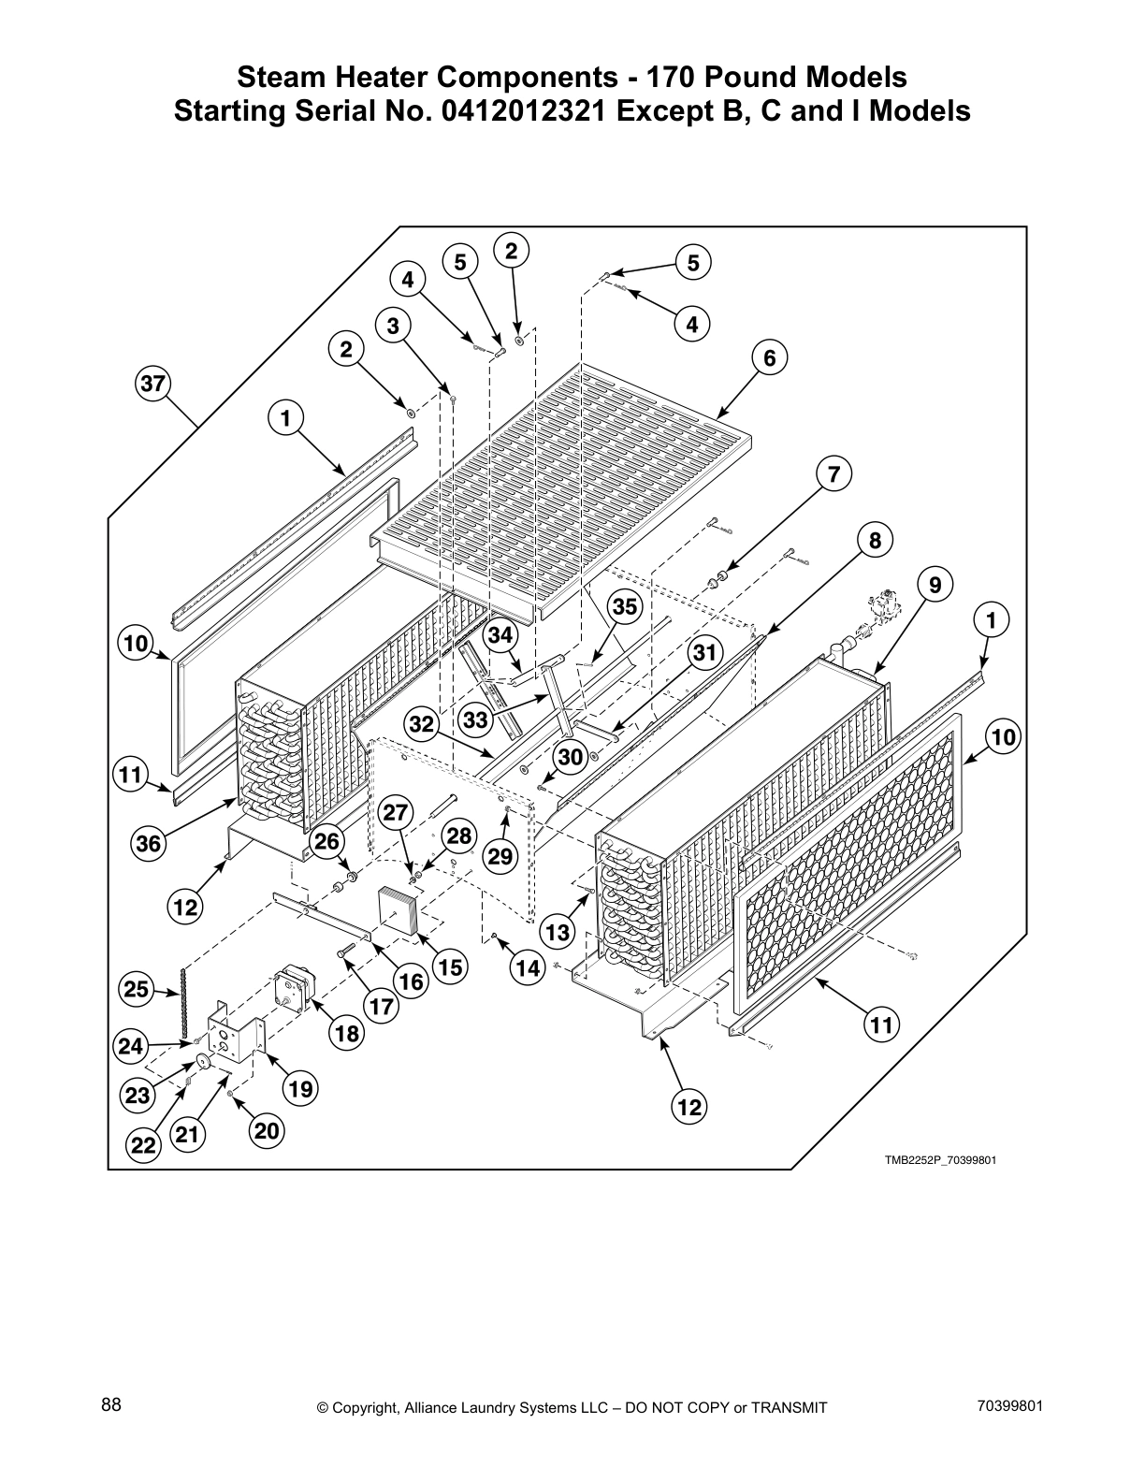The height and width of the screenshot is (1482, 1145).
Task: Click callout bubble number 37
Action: pos(152,383)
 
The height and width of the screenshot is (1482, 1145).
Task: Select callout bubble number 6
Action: pos(769,358)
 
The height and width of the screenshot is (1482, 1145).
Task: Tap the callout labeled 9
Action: pos(935,586)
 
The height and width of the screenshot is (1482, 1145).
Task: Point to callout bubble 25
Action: pos(138,989)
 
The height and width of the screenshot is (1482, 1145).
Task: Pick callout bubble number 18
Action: pos(346,1033)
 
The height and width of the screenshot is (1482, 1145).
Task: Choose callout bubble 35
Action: pos(625,607)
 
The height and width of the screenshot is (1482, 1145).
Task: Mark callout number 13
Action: pos(558,932)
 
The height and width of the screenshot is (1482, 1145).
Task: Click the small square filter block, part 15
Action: pos(400,910)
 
